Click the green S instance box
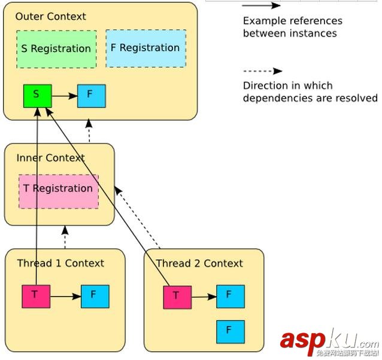37,96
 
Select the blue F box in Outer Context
91,96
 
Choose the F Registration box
145,48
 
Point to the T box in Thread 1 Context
35,296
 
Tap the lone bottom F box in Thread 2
231,331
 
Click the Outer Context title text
51,17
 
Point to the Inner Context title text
50,158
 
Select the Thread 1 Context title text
60,263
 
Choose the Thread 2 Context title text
199,264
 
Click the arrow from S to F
64,96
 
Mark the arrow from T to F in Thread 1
65,296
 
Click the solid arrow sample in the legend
262,6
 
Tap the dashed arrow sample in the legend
262,71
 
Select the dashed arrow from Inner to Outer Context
89,132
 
